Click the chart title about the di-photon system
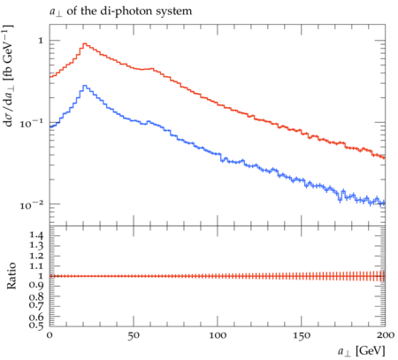pyautogui.click(x=120, y=11)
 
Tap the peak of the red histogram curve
pyautogui.click(x=85, y=43)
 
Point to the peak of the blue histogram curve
pyautogui.click(x=85, y=86)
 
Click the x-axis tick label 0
pyautogui.click(x=50, y=335)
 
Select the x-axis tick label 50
pyautogui.click(x=134, y=335)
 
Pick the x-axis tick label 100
pyautogui.click(x=218, y=335)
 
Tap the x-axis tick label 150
pyautogui.click(x=302, y=335)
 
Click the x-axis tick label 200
pyautogui.click(x=386, y=335)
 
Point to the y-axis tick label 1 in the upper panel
pyautogui.click(x=41, y=41)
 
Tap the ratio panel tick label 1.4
pyautogui.click(x=36, y=235)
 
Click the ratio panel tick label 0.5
pyautogui.click(x=36, y=326)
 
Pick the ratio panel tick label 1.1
pyautogui.click(x=36, y=266)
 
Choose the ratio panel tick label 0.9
pyautogui.click(x=36, y=286)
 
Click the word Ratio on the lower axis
pyautogui.click(x=11, y=276)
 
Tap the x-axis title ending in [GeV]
pyautogui.click(x=362, y=351)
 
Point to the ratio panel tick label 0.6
pyautogui.click(x=36, y=317)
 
